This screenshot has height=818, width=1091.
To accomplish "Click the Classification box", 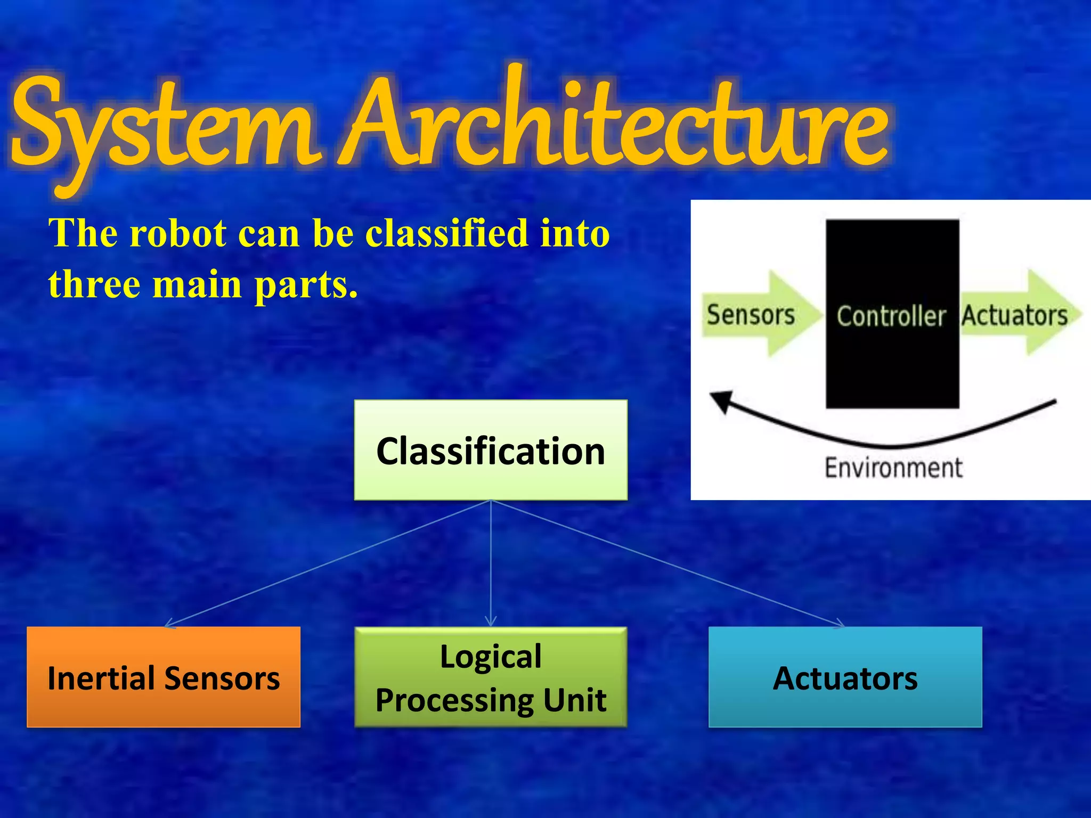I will pos(491,450).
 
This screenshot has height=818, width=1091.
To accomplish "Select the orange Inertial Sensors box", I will pos(164,677).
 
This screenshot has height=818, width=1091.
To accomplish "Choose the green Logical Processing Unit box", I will pos(491,677).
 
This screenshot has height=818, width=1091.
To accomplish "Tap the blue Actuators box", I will pos(845,677).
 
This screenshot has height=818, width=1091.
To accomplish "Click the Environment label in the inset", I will pos(893,468).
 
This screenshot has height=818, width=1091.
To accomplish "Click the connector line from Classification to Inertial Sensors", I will pos(328,563).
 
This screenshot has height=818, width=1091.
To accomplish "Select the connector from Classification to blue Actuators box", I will pos(666,563).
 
